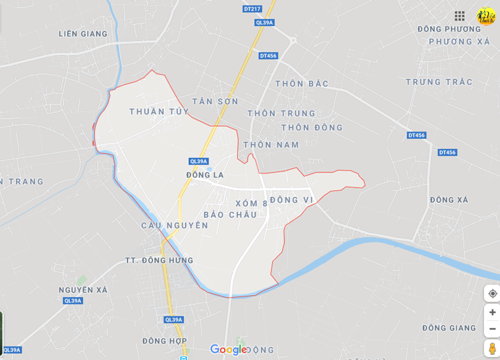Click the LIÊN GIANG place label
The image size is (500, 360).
83,33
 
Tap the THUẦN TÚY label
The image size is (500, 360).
159,111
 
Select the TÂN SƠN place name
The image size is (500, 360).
215,101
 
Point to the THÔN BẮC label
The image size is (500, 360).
302,83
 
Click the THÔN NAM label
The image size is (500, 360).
271,144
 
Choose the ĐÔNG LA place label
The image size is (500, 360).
205,175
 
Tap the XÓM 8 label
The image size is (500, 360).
252,203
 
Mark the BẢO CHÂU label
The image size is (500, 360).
230,214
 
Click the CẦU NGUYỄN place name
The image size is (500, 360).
175,225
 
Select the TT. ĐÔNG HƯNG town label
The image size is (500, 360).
159,260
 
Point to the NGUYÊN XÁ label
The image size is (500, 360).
83,290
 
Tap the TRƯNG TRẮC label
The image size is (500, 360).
439,82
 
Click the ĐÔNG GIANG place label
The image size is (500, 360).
449,327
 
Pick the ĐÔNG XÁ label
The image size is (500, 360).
449,199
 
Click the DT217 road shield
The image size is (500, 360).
252,9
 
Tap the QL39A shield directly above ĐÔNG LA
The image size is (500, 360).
199,161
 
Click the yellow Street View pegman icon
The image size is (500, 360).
492,349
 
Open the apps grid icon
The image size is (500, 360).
459,16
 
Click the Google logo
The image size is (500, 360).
228,350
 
